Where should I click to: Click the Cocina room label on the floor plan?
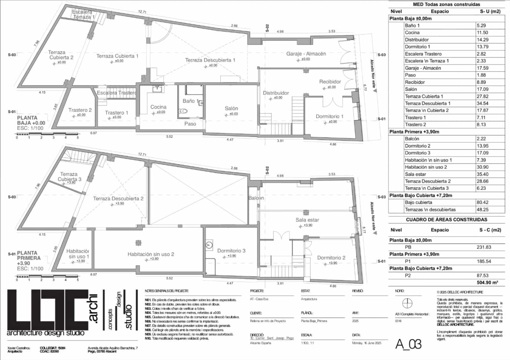pos(158,107)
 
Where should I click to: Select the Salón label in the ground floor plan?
pos(231,108)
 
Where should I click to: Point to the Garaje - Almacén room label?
pos(306,54)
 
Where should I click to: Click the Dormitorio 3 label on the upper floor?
pos(231,251)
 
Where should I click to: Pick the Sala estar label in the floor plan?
pos(307,220)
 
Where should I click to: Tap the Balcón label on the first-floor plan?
pos(256,198)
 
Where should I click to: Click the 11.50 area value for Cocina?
pos(482,32)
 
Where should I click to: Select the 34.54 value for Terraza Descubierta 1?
pos(483,103)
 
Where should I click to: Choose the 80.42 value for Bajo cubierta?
pos(483,202)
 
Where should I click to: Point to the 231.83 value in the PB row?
pos(484,247)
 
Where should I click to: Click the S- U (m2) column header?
pos(490,11)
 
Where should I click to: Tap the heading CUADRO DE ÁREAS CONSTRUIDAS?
pos(446,220)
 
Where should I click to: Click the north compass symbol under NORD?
pos(407,303)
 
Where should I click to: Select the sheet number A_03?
pos(408,344)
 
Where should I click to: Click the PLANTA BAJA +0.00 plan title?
pos(31,120)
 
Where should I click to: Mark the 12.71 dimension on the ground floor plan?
pos(142,12)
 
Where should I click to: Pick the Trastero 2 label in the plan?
pos(80,110)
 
